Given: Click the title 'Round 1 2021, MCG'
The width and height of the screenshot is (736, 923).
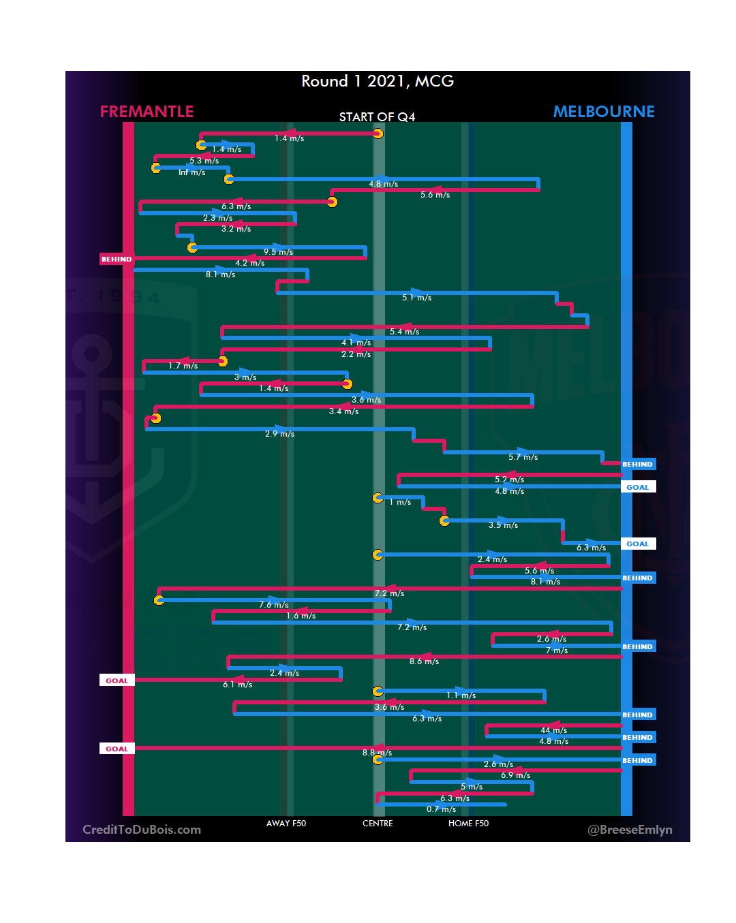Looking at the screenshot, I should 378,82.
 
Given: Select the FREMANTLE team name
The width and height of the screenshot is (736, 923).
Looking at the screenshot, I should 147,112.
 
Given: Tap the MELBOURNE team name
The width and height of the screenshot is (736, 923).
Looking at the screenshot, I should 604,112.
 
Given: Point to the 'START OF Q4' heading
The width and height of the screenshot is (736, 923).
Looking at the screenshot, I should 377,117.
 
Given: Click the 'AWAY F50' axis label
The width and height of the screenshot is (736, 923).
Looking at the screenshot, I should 286,824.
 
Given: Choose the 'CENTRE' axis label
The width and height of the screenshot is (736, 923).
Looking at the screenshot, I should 378,824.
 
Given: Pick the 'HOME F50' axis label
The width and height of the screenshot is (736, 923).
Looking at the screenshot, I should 468,824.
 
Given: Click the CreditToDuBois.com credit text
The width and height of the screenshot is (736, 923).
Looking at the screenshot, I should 142,830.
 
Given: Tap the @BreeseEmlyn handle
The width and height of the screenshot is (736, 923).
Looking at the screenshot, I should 630,830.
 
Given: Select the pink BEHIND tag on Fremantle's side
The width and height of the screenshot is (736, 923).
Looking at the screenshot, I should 117,260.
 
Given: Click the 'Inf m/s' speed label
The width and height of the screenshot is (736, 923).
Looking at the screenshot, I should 191,173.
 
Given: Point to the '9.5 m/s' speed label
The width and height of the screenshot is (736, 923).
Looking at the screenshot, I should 278,252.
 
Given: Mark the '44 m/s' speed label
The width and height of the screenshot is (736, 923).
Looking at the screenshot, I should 553,730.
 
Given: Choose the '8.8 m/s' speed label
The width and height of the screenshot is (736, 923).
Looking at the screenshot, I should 377,753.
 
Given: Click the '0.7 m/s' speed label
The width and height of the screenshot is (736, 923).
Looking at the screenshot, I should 441,809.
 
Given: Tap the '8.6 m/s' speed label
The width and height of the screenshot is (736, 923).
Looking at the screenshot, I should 424,661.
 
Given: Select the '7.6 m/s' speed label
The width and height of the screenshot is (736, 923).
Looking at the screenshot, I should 273,605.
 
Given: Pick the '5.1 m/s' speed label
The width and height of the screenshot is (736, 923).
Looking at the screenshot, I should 416,298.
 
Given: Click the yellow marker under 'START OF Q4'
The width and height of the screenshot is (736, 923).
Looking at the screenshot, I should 378,134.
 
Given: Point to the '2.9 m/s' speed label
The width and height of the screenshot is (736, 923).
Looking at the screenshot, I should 279,434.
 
